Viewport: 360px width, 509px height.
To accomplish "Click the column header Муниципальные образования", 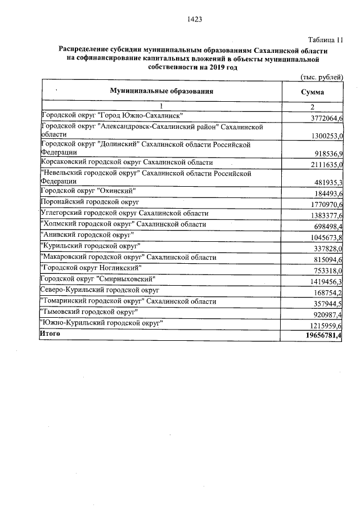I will pos(161,91).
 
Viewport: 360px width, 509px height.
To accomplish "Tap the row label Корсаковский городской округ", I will pos(127,163).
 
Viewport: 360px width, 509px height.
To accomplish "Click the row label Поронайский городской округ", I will pos(90,201).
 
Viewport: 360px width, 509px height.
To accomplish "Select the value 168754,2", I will pos(327,293).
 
